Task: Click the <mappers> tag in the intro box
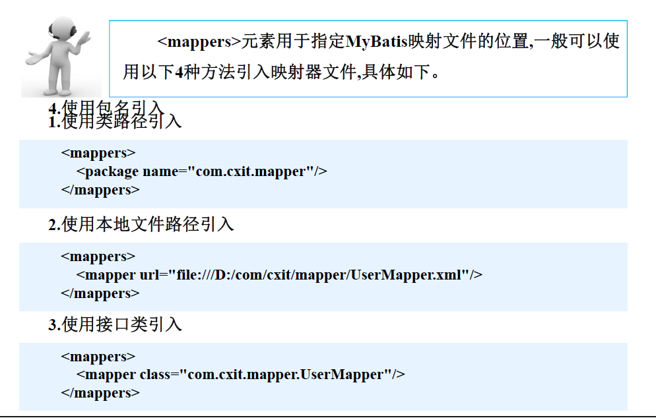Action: coord(199,42)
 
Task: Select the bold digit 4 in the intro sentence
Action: coord(179,72)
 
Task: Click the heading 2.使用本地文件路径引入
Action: coord(141,225)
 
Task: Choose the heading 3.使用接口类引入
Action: coord(115,324)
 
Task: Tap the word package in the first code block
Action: coord(112,171)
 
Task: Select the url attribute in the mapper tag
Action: coord(149,274)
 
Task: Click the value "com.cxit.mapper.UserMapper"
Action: coord(288,374)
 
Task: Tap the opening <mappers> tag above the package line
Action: coord(98,153)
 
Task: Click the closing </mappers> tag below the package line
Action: coord(100,190)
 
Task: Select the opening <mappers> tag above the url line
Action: coord(98,256)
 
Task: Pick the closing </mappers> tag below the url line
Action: coord(100,293)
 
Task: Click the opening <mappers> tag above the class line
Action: coord(98,357)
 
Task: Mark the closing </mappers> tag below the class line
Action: coord(100,393)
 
